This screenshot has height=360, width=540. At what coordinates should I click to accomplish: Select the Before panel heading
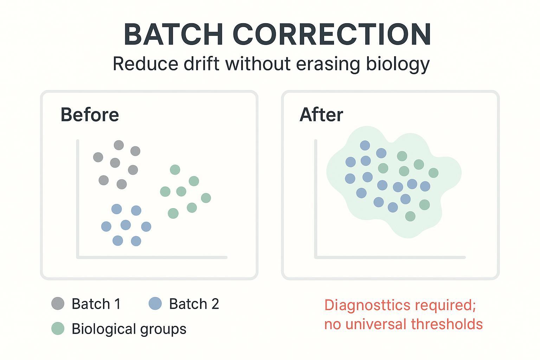click(90, 115)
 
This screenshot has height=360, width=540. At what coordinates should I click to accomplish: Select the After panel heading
click(321, 115)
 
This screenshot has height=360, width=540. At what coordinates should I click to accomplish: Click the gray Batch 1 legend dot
click(58, 303)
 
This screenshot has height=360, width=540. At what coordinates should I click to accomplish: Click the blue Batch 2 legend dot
click(155, 303)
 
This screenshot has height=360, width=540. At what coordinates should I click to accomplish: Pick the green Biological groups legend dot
click(58, 328)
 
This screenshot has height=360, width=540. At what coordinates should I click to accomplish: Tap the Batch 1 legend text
click(96, 304)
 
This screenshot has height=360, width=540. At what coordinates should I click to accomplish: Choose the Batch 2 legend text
click(194, 304)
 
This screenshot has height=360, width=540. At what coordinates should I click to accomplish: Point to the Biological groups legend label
click(129, 329)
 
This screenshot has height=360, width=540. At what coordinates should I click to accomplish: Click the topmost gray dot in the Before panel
click(119, 145)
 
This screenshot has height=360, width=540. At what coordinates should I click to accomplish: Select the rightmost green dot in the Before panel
click(206, 198)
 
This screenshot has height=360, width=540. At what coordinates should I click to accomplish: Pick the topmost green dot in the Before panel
click(175, 170)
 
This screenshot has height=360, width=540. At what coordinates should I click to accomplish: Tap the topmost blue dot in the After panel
click(365, 145)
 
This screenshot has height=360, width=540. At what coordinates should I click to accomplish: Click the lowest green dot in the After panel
click(410, 216)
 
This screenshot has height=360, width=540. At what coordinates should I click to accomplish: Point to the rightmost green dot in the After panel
click(433, 173)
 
